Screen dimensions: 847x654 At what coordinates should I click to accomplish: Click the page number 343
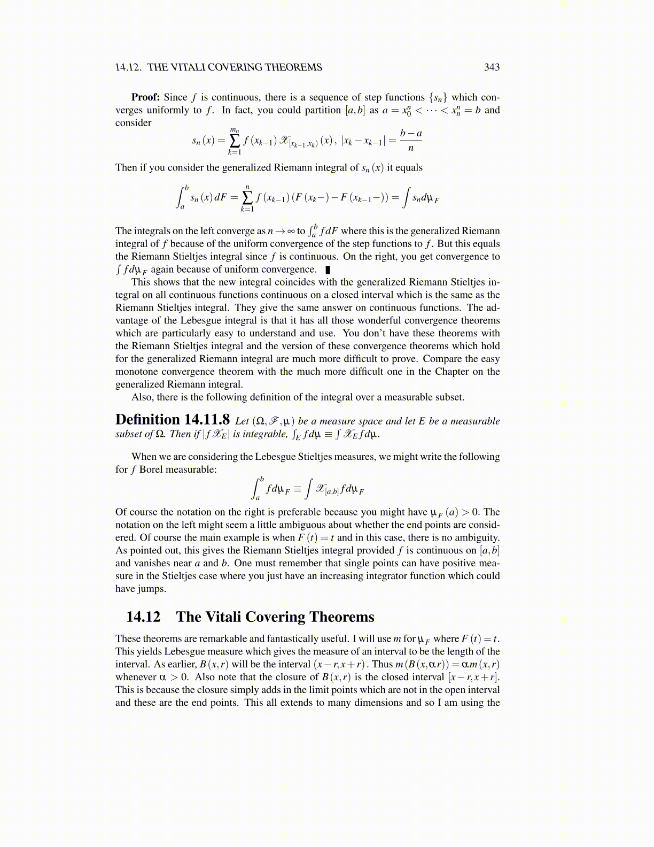[x=492, y=67]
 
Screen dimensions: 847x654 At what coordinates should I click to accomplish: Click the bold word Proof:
[x=145, y=97]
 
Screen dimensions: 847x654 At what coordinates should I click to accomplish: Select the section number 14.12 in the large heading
[x=143, y=617]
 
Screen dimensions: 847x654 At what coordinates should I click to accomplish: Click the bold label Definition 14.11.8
[x=173, y=420]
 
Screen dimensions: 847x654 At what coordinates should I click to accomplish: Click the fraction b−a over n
[x=411, y=140]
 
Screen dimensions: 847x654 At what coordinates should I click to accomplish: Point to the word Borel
[x=151, y=469]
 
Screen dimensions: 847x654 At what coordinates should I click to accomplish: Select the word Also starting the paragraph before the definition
[x=142, y=397]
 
